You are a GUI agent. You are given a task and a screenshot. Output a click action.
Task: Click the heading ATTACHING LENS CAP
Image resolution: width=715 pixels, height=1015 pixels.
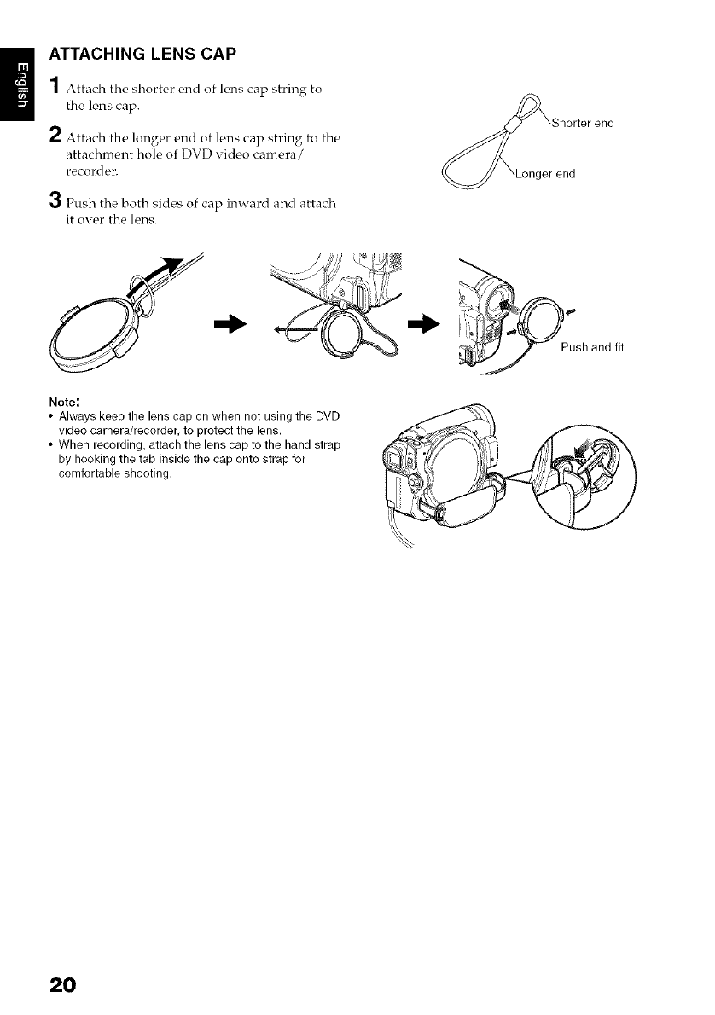pos(143,53)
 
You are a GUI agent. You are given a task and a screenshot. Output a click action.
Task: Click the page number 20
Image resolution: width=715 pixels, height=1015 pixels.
pos(63,984)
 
